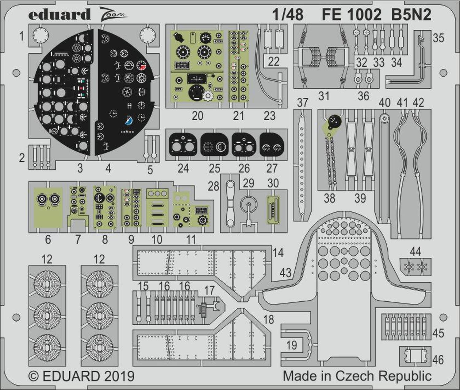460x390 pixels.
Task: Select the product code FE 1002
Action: [351, 14]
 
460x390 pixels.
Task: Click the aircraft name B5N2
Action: [411, 14]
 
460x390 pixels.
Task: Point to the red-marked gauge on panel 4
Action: [141, 65]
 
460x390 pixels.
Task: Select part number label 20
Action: [197, 116]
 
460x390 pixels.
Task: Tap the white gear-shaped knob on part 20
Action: [208, 96]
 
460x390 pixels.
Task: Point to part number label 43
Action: [285, 272]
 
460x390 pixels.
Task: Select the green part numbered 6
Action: [48, 207]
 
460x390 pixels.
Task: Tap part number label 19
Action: [292, 345]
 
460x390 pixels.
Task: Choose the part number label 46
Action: [438, 360]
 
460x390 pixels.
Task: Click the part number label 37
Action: [302, 102]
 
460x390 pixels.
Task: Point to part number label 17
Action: [209, 290]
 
